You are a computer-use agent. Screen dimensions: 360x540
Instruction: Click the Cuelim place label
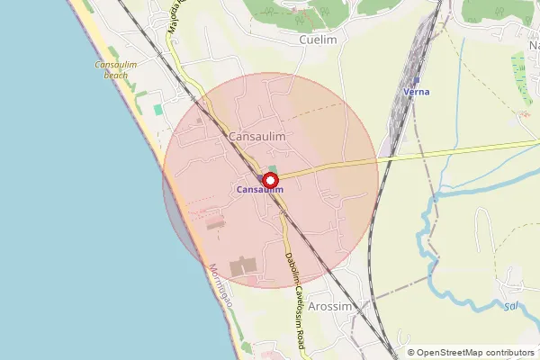point(318,40)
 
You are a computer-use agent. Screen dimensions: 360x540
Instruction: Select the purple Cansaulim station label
point(259,190)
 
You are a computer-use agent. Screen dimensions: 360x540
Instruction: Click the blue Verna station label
point(416,92)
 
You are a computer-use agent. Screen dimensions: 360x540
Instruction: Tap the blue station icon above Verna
point(416,80)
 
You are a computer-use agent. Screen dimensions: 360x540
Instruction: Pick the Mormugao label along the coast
point(220,287)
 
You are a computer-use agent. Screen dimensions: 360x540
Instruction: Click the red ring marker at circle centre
point(269,180)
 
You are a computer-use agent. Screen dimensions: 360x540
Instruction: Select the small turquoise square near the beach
point(158,110)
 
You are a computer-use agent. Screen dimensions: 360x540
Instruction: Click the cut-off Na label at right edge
point(532,44)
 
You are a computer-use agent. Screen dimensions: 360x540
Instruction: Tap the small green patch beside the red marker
point(273,169)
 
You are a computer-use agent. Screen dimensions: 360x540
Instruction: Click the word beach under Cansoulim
point(117,76)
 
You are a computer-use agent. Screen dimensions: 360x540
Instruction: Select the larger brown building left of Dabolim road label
point(243,267)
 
